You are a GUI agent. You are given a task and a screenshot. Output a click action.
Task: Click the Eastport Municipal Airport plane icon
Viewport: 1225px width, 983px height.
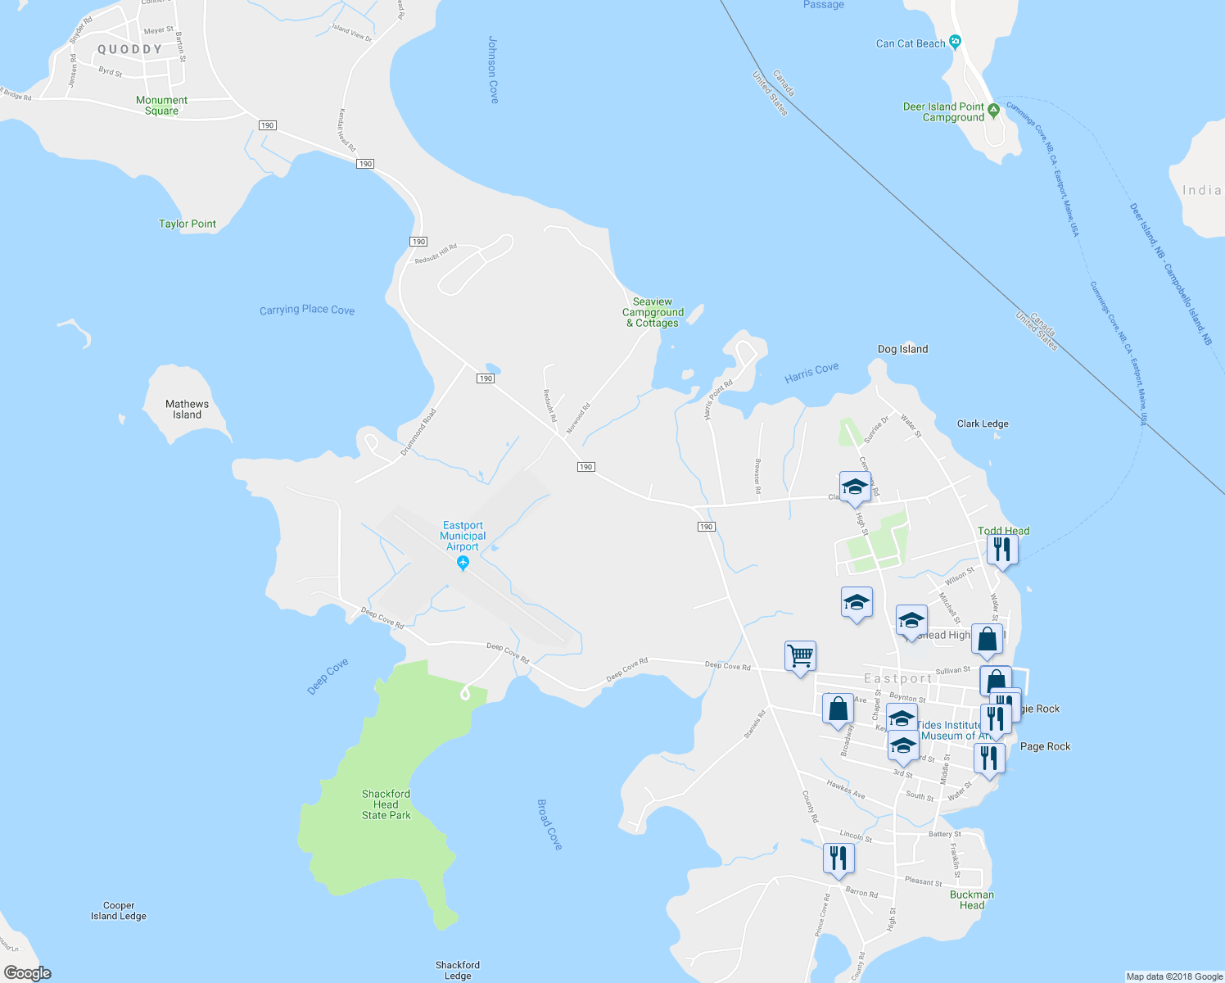pos(463,563)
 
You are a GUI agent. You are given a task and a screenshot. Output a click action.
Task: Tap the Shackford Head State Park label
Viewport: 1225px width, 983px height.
pos(386,804)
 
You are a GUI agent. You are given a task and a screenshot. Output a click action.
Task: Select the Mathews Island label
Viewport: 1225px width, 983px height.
pos(187,410)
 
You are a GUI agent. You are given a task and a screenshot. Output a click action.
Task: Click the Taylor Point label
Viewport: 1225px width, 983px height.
pos(188,224)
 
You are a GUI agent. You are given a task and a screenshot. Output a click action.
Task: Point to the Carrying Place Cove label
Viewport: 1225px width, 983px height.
pos(307,310)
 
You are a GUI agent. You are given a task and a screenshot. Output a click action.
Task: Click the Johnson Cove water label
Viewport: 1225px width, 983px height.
pos(493,70)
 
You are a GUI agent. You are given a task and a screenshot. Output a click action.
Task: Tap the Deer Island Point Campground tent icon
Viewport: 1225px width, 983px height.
pos(993,109)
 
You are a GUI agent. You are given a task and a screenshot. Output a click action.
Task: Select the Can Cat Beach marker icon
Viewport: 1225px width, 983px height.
pos(955,43)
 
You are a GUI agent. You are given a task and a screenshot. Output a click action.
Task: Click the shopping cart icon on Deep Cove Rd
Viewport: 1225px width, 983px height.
pos(800,655)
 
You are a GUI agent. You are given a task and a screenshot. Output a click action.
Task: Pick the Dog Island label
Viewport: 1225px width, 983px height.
pos(902,349)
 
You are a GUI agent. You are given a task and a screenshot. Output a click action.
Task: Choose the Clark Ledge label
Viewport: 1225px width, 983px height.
pos(983,424)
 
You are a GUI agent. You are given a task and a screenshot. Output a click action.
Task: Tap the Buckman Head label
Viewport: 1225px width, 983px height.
pos(972,899)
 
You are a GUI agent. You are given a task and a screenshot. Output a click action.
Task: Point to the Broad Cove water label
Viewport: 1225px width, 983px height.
pos(549,824)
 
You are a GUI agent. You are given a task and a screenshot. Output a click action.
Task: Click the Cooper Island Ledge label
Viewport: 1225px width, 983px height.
pos(119,911)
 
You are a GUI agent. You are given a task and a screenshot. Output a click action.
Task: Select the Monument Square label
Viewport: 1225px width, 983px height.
pos(161,106)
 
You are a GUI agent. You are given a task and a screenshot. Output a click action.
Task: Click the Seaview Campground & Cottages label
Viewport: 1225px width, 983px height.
pos(653,312)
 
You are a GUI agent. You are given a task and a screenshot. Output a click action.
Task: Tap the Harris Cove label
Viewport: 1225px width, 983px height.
pos(811,373)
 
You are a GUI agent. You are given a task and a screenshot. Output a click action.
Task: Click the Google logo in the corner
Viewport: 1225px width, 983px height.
pos(28,973)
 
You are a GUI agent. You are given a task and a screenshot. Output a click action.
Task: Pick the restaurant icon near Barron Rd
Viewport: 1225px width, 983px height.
pos(839,858)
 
